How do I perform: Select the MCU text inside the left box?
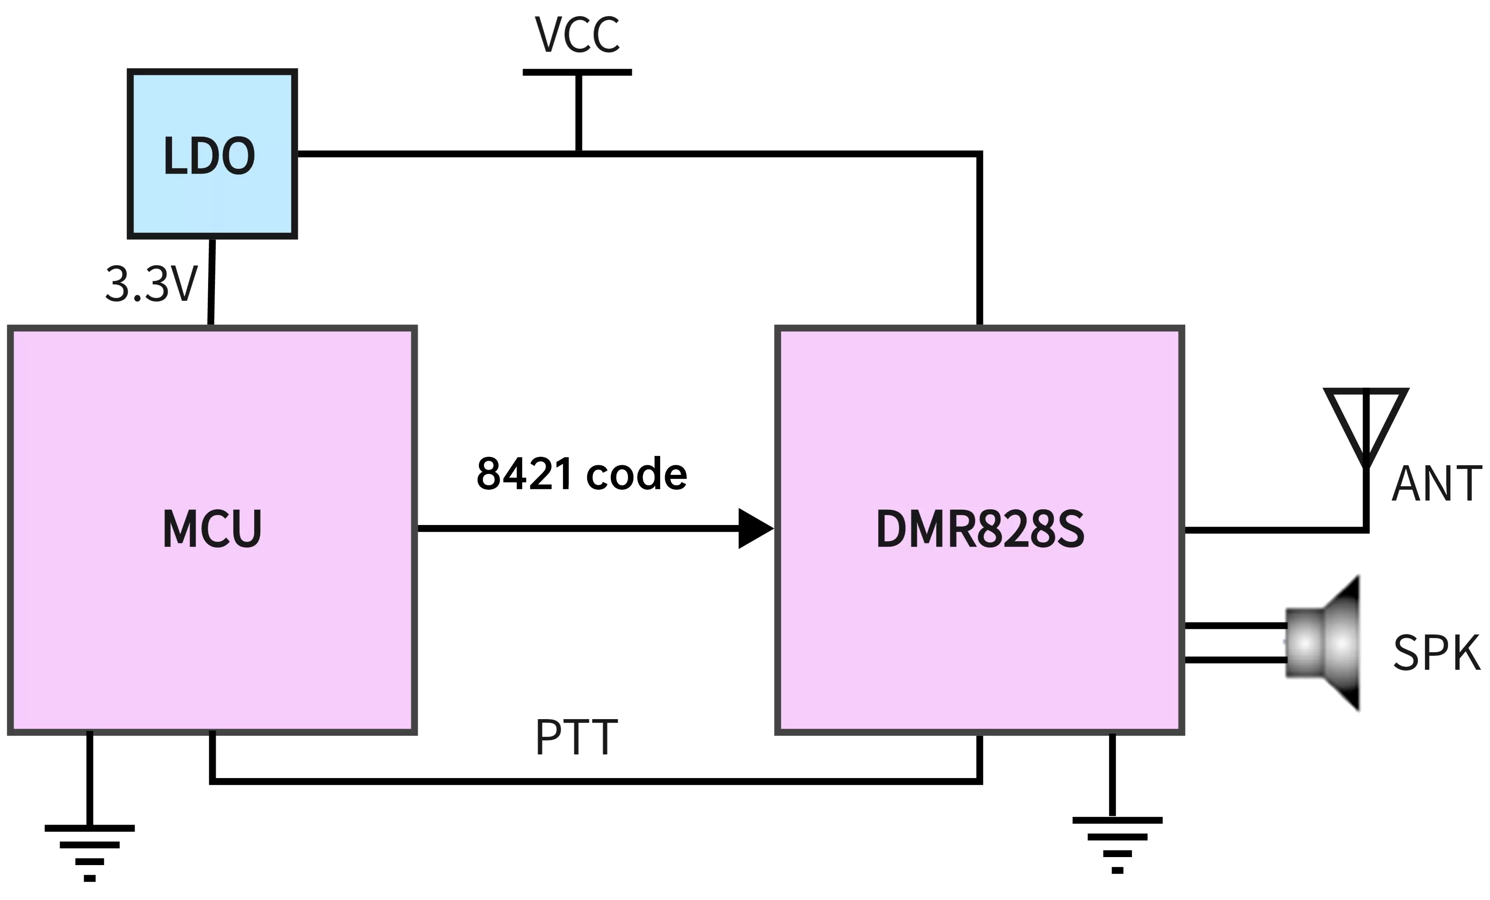point(212,529)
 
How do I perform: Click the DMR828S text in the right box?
point(979,529)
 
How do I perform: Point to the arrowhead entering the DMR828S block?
point(755,529)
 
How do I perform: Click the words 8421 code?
point(582,474)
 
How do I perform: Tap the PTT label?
point(576,737)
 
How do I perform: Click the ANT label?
point(1436,484)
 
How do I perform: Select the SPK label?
point(1436,653)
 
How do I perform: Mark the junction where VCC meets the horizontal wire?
point(579,154)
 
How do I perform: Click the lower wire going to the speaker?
point(1234,660)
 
